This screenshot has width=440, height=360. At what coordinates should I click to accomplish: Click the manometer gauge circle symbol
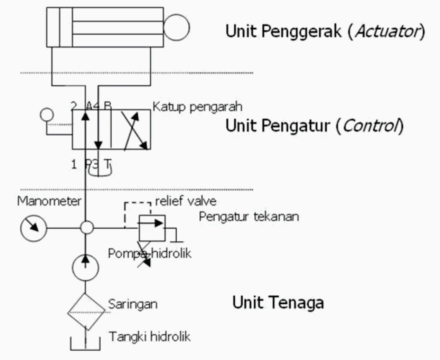pos(34,228)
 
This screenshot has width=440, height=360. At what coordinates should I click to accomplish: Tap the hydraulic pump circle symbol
pos(86,267)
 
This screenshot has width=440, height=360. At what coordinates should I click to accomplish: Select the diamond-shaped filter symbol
pos(86,312)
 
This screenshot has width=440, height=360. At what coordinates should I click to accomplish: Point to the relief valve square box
pos(152,228)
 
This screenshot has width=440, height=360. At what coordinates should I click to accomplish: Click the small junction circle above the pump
pos(87,228)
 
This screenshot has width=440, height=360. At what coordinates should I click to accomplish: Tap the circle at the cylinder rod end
pos(177,28)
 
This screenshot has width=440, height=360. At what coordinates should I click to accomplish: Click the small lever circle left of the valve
pos(47,115)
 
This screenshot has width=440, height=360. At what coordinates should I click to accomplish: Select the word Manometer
pos(49,201)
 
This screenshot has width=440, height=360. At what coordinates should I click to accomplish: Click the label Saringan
pos(133,304)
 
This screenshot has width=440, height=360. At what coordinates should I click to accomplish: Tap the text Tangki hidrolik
pos(150,336)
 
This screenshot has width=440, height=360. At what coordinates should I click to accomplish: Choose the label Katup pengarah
pos(197,107)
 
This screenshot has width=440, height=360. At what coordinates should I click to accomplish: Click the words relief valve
pos(186,201)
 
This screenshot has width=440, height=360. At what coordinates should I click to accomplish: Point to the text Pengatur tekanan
pos(249,217)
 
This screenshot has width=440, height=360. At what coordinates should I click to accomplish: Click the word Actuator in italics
pos(387,31)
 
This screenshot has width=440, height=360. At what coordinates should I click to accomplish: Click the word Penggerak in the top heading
pos(301,31)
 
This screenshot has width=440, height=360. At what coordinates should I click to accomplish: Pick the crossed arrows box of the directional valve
pos(131,130)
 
